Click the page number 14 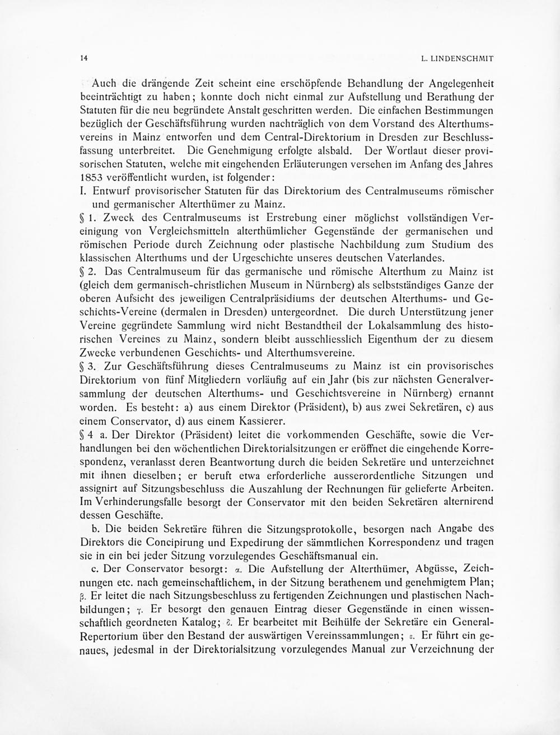click(x=83, y=58)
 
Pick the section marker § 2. click(x=90, y=271)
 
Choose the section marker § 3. click(x=90, y=366)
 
